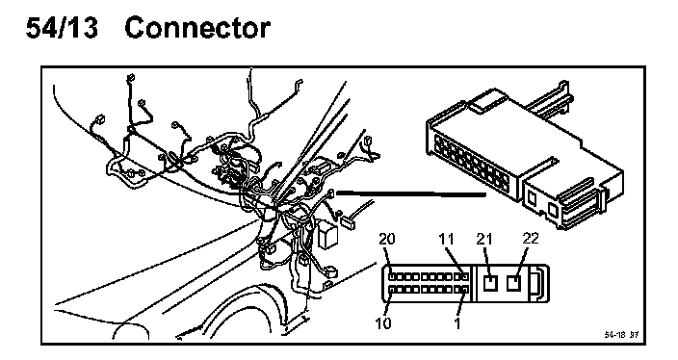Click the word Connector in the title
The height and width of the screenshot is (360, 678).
click(197, 28)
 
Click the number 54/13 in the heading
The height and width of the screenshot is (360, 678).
click(63, 28)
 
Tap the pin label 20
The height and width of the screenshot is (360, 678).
click(387, 239)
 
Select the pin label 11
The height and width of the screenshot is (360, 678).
click(446, 239)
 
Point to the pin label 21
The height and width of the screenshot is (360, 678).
click(484, 239)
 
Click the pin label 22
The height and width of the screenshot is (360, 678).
click(531, 238)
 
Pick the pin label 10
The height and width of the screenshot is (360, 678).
click(382, 322)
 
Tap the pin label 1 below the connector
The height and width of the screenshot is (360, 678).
click(457, 322)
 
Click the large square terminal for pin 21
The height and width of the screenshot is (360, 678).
click(490, 283)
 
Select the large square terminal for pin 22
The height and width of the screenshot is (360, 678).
click(513, 283)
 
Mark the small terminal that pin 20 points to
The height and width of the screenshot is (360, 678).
click(391, 276)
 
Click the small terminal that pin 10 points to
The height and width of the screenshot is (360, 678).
click(391, 290)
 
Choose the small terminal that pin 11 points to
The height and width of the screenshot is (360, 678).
click(465, 276)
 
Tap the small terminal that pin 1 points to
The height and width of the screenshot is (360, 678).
click(465, 290)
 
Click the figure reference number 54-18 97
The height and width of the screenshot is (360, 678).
click(621, 335)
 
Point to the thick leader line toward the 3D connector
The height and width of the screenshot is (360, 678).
click(411, 193)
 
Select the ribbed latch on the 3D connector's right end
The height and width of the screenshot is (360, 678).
click(580, 204)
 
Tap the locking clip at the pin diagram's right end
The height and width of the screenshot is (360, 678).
click(539, 284)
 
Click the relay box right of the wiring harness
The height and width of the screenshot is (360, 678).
click(327, 234)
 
